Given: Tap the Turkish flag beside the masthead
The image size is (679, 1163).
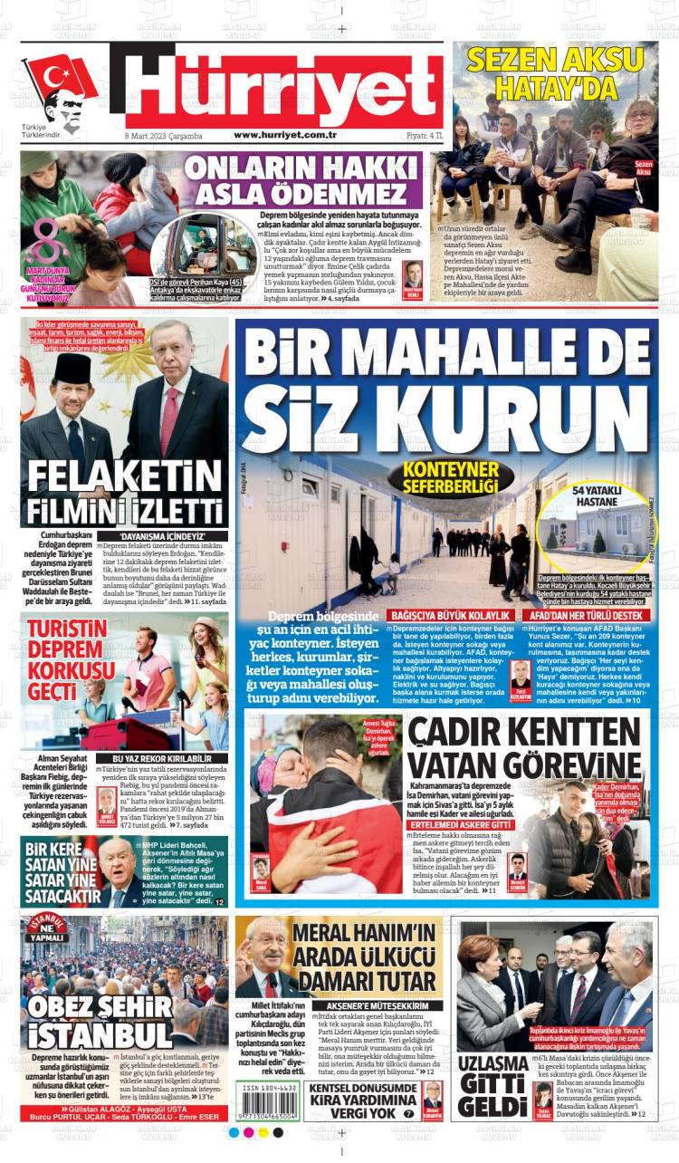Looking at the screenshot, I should pyautogui.click(x=58, y=77).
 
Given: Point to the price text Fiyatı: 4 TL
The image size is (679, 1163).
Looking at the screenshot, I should pyautogui.click(x=424, y=136).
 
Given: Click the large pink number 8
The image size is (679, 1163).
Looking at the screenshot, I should pyautogui.click(x=47, y=244).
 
